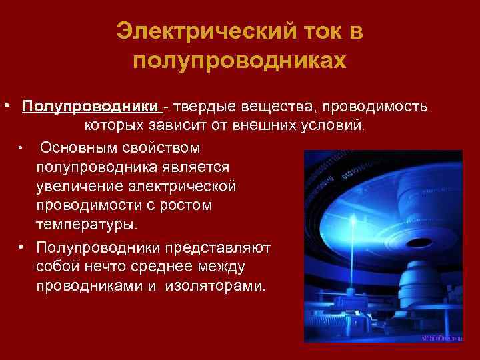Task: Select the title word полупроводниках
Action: click(x=240, y=61)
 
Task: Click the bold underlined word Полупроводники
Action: click(x=91, y=107)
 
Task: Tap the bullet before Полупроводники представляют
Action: click(x=22, y=248)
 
